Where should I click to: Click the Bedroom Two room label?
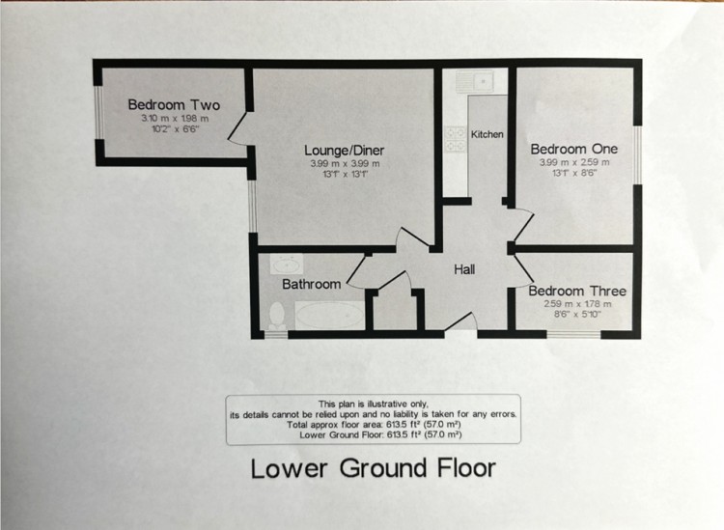pyautogui.click(x=175, y=105)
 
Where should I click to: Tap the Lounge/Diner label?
pyautogui.click(x=345, y=150)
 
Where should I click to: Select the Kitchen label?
pyautogui.click(x=487, y=134)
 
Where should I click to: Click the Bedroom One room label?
pyautogui.click(x=572, y=150)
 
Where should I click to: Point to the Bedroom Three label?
pyautogui.click(x=576, y=292)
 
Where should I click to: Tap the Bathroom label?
pyautogui.click(x=311, y=285)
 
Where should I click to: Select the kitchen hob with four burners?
pyautogui.click(x=454, y=139)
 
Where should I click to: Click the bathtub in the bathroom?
pyautogui.click(x=329, y=316)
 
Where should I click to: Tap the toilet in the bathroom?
pyautogui.click(x=275, y=315)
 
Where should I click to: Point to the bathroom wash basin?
pyautogui.click(x=285, y=263)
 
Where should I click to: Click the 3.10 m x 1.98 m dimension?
pyautogui.click(x=175, y=118)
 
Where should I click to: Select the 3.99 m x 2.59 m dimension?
pyautogui.click(x=572, y=163)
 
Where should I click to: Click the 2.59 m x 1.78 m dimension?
pyautogui.click(x=576, y=304)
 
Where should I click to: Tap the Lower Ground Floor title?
pyautogui.click(x=373, y=468)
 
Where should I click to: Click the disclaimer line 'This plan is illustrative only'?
pyautogui.click(x=373, y=404)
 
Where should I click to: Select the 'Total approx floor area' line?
pyautogui.click(x=373, y=425)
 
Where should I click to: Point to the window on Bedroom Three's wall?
pyautogui.click(x=573, y=334)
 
